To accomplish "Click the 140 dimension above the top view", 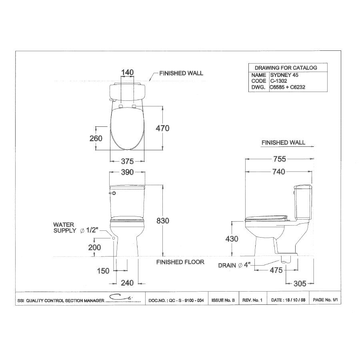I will [x=127, y=72].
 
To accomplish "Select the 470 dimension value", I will [x=162, y=128].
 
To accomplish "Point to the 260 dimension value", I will [x=96, y=138].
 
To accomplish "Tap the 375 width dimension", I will [x=127, y=161].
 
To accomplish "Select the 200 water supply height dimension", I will [x=94, y=248].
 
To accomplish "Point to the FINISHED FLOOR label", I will [x=180, y=262].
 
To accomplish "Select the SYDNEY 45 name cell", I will [x=282, y=75].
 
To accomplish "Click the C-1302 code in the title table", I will [x=278, y=80].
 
